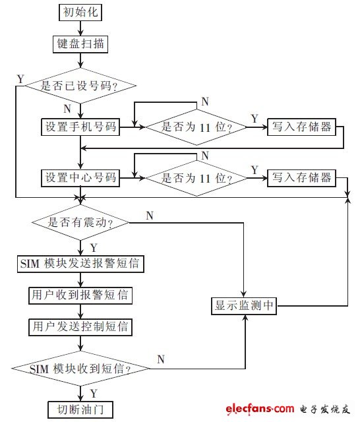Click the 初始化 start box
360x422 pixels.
click(x=80, y=13)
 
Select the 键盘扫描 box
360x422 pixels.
click(x=80, y=44)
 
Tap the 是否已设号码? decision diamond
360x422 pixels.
click(x=80, y=84)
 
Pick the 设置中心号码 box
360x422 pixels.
click(x=80, y=177)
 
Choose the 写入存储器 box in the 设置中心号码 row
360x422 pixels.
click(x=300, y=177)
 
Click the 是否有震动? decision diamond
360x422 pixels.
click(x=80, y=223)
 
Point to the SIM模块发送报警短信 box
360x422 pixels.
click(x=80, y=264)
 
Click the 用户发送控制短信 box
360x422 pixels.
click(x=80, y=326)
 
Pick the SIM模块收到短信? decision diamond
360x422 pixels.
click(x=80, y=368)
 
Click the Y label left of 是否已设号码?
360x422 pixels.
click(x=20, y=79)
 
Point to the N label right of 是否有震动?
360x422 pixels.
click(x=150, y=216)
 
